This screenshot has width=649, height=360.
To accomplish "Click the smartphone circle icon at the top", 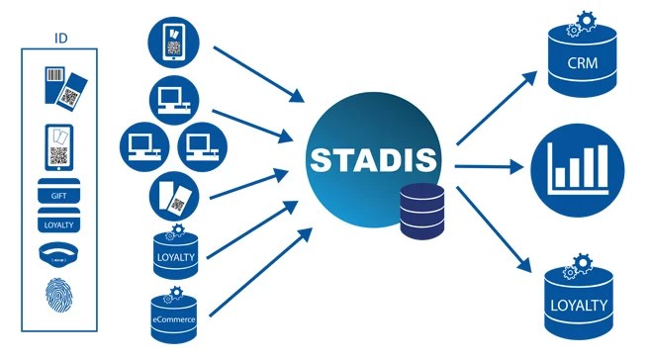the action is (176, 43).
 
